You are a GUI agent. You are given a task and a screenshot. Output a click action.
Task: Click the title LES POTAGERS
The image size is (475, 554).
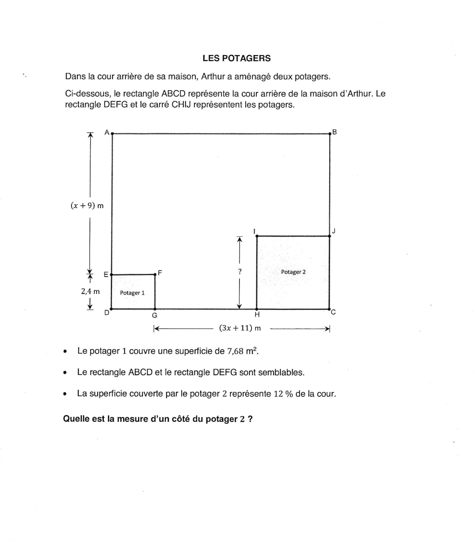pos(237,58)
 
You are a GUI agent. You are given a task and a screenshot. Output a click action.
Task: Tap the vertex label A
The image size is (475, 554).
pos(107,132)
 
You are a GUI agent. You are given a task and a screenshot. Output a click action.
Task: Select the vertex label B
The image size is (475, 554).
pos(335,132)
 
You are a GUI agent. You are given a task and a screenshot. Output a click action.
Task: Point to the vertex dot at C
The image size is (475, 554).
pos(330,309)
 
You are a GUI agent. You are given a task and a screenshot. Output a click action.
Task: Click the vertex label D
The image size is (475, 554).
pos(107,313)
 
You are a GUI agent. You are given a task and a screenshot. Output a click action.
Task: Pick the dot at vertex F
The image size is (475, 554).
pos(155,274)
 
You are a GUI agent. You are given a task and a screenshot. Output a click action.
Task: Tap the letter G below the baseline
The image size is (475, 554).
pos(155,315)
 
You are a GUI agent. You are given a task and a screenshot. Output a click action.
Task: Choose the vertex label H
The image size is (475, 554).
pos(257,315)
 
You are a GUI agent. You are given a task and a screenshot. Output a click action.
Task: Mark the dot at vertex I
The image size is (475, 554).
pos(257,236)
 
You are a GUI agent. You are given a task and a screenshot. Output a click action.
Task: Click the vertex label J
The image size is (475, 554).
pos(334,231)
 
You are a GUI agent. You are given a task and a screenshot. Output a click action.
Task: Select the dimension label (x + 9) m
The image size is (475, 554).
pos(87,206)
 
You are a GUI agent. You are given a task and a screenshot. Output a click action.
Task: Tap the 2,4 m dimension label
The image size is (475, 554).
pos(90,291)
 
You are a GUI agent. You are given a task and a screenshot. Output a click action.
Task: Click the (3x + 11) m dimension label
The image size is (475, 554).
pos(240,328)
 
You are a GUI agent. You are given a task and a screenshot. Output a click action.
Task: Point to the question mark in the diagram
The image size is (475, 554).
pos(240,271)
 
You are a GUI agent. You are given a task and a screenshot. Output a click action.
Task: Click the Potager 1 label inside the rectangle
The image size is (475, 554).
pos(132,293)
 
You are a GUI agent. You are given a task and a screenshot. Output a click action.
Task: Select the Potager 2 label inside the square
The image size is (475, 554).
pos(293,272)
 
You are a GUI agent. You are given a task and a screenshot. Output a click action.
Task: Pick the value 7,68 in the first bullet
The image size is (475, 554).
pos(235,351)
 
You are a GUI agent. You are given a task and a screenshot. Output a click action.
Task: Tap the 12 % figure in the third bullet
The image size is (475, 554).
pos(283,394)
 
